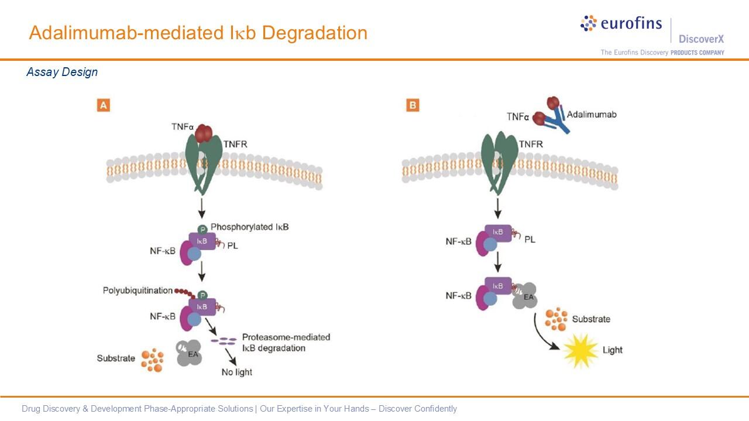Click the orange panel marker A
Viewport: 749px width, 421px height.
pos(103,105)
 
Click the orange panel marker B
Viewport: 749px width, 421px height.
pos(413,105)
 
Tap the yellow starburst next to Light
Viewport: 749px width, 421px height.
pos(580,351)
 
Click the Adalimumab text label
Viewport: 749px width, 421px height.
pos(592,114)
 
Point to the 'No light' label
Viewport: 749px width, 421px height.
pos(237,372)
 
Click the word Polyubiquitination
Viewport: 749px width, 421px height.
pos(138,291)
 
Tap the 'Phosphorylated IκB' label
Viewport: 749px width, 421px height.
pos(249,227)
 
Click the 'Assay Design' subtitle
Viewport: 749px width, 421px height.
pos(62,72)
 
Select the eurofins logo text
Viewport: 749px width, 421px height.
pos(631,24)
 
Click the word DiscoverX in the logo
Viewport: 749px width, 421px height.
pos(701,39)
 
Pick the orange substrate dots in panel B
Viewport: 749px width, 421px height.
pos(556,319)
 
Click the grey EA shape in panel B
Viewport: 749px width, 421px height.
pos(524,297)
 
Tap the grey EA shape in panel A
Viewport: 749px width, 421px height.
pos(190,353)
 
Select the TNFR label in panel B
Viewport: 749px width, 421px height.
pos(530,144)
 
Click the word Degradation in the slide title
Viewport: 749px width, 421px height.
pos(314,33)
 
